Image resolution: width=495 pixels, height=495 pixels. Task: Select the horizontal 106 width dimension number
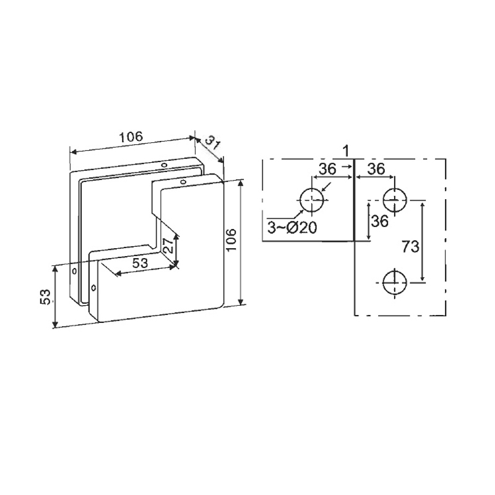[x=131, y=137]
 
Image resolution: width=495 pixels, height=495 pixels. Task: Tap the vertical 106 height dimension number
[x=231, y=239]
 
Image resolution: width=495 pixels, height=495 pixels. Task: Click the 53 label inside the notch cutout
[x=140, y=262]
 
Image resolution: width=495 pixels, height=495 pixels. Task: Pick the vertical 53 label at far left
[x=46, y=297]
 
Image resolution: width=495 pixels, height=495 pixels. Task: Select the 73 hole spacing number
[x=410, y=246]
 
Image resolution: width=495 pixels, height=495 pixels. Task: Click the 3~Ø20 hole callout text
[x=291, y=227]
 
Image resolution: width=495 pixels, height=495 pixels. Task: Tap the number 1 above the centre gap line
[x=346, y=151]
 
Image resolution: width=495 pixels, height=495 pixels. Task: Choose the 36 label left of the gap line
[x=327, y=170]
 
